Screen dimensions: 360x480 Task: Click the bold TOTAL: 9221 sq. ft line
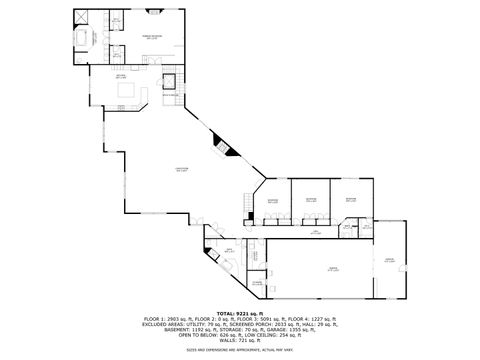tap(240, 313)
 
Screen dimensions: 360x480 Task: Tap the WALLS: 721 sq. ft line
tap(240, 341)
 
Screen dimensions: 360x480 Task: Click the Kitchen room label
tap(119, 76)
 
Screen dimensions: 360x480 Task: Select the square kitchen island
tap(127, 91)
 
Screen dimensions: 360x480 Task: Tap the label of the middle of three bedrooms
tap(311, 200)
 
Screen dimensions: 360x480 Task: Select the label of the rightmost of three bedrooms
tap(351, 200)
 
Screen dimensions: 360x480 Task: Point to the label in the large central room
tap(181, 169)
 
